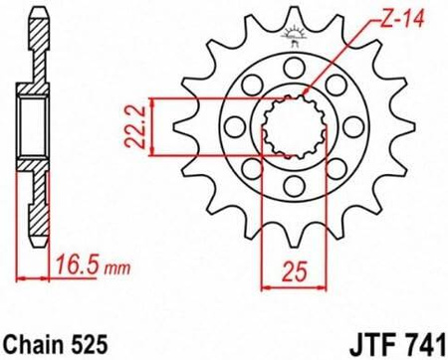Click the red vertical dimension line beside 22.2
click(151, 126)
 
